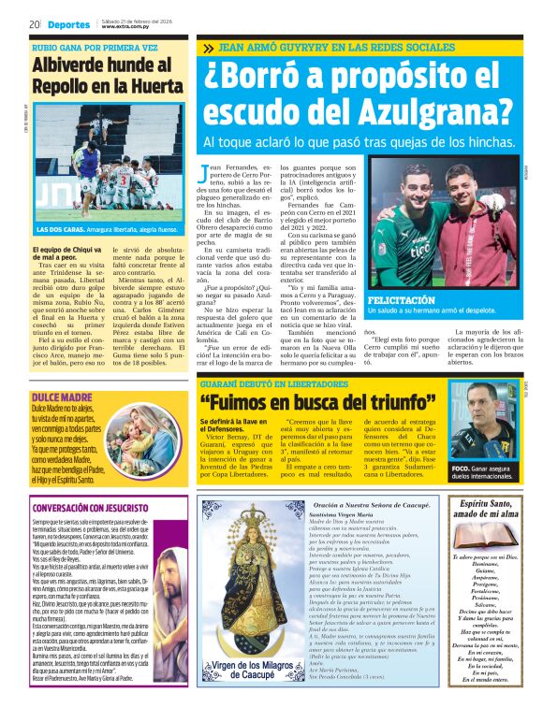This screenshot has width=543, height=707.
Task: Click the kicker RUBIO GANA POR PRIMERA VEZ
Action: (95, 46)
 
